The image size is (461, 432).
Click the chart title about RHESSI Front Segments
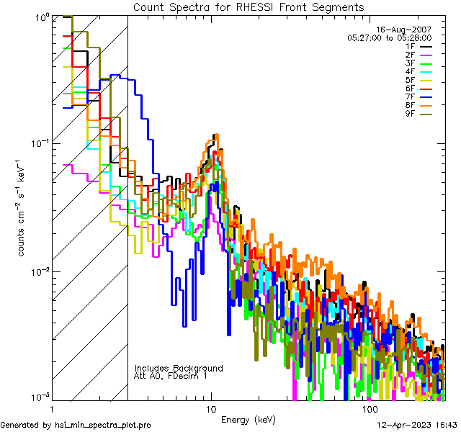[249, 6]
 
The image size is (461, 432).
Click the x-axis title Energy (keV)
[249, 419]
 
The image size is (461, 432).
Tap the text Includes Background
[179, 368]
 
